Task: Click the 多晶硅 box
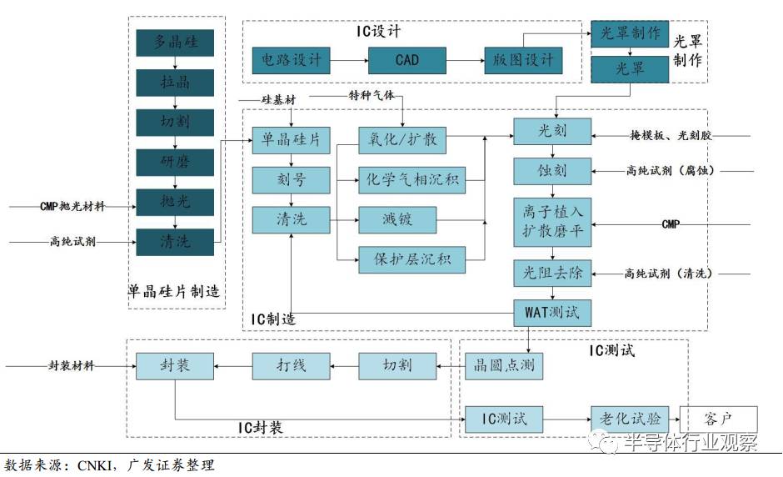[174, 43]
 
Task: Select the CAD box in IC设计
[406, 60]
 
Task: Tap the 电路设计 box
[291, 60]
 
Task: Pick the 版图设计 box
[523, 60]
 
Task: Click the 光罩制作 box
[630, 34]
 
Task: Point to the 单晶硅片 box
[291, 139]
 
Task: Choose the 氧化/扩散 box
[402, 139]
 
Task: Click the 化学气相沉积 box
[411, 178]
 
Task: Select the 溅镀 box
[397, 219]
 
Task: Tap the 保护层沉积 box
[411, 259]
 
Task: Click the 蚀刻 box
[551, 171]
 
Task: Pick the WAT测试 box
[551, 314]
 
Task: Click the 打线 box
[291, 365]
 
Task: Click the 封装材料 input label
[72, 365]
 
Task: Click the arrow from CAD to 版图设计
[464, 60]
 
